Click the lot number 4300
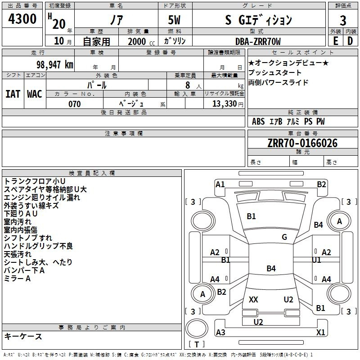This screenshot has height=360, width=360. pos(22,19)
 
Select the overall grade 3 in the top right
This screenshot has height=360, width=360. pos(343,20)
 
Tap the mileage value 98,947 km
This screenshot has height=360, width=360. pos(55,65)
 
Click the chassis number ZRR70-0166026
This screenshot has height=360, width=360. pos(302,143)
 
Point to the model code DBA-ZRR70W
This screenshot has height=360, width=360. pos(258,41)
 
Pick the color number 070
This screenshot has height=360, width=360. pos(75,104)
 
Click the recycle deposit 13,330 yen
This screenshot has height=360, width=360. pos(228,104)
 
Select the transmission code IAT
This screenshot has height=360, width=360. pos(13,94)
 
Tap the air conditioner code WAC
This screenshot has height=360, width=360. pos(35,94)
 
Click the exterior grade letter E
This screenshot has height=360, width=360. pos(336,41)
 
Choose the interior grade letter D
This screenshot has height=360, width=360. pos(350,41)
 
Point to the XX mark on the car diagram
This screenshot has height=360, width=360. pos(253,299)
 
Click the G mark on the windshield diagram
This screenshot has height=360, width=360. pos(284,237)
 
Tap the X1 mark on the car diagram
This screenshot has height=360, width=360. pos(320,332)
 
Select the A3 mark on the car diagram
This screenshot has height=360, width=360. pos(220,332)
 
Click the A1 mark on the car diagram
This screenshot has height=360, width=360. pos(220,184)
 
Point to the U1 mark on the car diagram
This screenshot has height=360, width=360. pos(316,260)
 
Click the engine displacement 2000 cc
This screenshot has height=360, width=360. pos(141,41)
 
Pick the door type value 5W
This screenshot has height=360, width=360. pos(174,20)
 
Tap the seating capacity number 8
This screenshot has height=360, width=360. pos(188,85)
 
